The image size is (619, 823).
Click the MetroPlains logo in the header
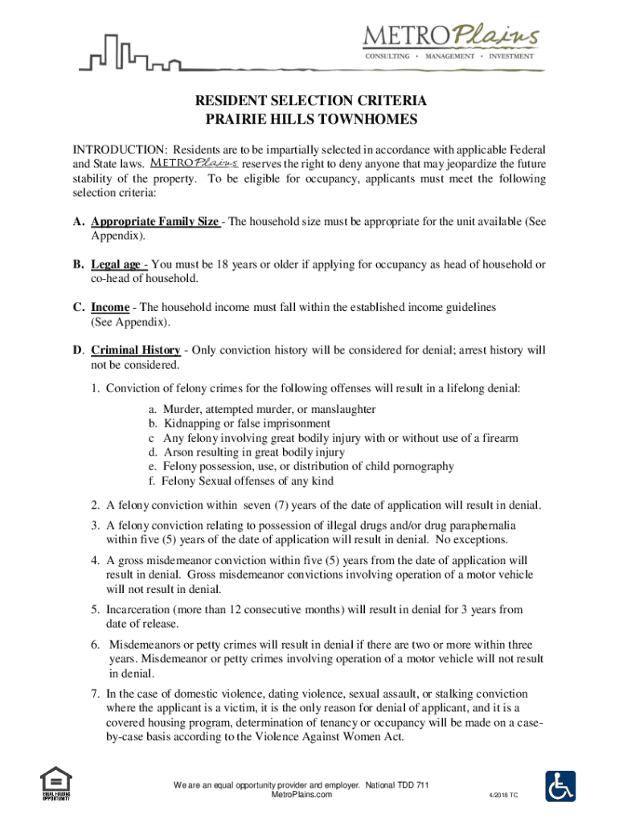(449, 40)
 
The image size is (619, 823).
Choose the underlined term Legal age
(117, 264)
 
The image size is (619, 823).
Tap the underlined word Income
(110, 307)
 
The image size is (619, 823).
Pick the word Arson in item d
(178, 452)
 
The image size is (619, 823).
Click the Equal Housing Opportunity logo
(56, 784)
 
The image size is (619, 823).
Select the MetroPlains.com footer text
(301, 794)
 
